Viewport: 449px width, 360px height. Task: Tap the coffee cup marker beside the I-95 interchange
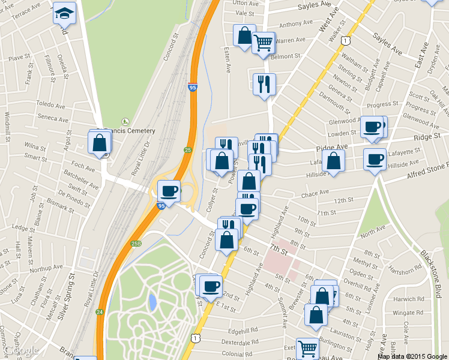click(169, 191)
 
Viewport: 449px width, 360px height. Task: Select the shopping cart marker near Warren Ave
click(263, 43)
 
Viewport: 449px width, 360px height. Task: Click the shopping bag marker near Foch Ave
click(100, 143)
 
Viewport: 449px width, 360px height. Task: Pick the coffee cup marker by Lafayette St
click(375, 159)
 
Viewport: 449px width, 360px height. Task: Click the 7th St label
click(280, 248)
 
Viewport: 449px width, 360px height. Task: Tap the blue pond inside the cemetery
click(153, 301)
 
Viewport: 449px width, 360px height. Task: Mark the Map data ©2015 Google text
click(412, 356)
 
